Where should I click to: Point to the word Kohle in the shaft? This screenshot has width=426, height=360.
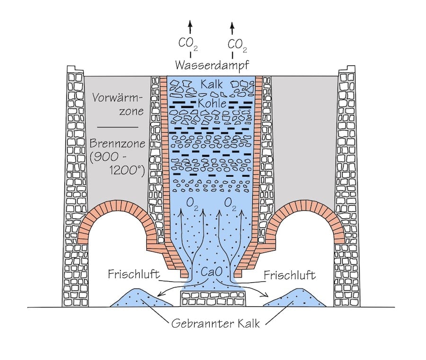click(213, 103)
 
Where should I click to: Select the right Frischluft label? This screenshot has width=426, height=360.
click(289, 275)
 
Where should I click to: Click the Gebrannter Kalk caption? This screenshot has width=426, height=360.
click(213, 324)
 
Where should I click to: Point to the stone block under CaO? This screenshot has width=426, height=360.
click(213, 299)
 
